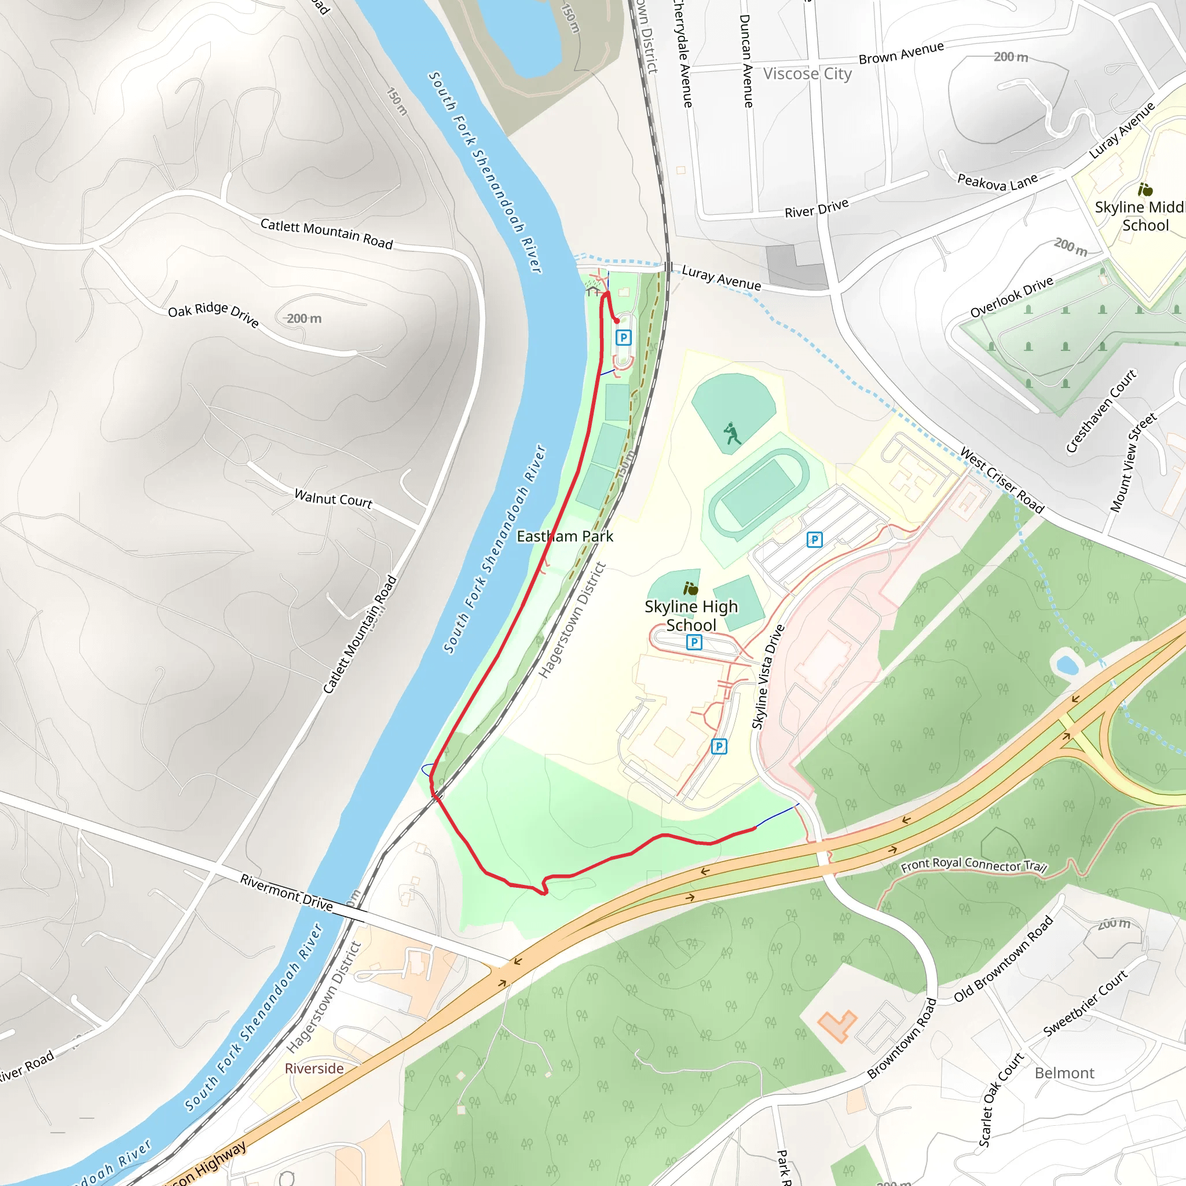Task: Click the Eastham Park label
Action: coord(565,536)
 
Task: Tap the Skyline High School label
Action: coord(691,616)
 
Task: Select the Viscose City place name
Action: coord(807,74)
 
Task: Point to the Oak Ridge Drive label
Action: coord(213,314)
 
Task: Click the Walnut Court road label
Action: coord(334,498)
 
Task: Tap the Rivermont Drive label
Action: coord(287,892)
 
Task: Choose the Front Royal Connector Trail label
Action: coord(973,865)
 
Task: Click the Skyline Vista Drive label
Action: coord(768,678)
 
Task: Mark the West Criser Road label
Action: coord(1002,480)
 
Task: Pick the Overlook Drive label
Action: coord(1012,298)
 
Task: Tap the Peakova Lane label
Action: coord(998,182)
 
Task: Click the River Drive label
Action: coord(817,208)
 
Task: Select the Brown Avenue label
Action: coord(901,53)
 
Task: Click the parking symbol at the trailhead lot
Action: coord(624,337)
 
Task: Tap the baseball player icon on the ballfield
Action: coord(732,433)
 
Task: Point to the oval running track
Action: coord(759,494)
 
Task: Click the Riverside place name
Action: coord(314,1068)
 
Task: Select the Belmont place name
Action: coord(1064,1073)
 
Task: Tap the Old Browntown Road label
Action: coord(1004,959)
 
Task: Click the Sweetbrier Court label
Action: coord(1085,1004)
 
